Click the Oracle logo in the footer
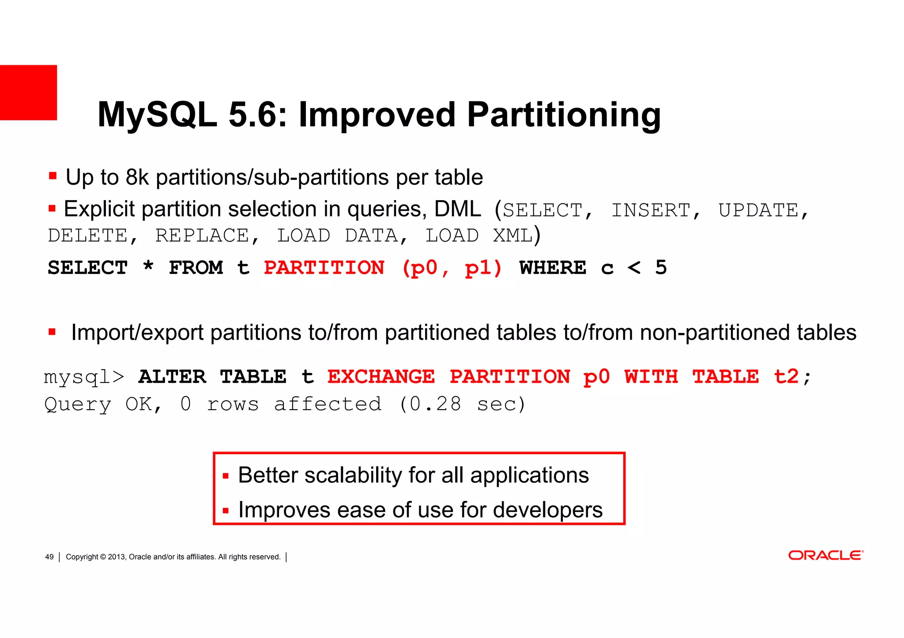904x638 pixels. [825, 555]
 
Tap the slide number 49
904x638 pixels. [49, 557]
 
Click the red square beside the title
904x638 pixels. [28, 93]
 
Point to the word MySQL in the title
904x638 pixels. [157, 115]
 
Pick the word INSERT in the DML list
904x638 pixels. [651, 210]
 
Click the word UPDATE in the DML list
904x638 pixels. [758, 210]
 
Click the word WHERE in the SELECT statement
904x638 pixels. [553, 268]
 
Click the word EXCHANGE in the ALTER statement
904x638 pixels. [381, 377]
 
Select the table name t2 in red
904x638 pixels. [786, 377]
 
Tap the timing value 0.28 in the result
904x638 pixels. [435, 404]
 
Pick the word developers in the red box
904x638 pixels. [547, 510]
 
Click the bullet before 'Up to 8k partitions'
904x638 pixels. [53, 176]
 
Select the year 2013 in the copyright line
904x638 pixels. [117, 557]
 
